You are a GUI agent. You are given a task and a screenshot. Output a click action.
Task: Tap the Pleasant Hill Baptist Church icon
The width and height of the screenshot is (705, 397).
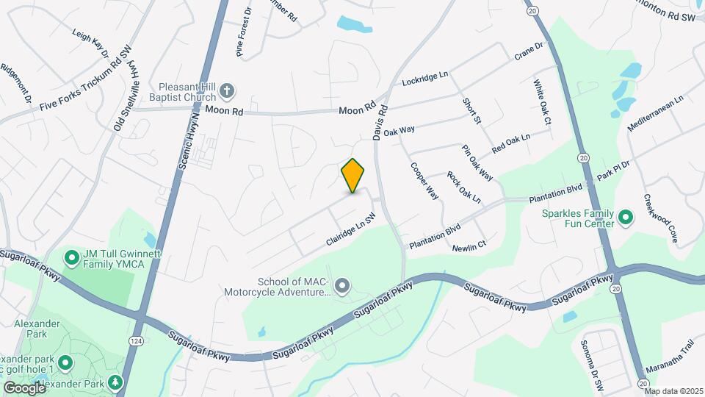click(x=228, y=91)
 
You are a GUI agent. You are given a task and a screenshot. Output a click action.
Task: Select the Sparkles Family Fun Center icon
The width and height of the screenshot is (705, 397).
click(x=626, y=217)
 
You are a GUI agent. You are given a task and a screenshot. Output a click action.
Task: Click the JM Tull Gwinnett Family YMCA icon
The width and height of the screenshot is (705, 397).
click(x=72, y=257)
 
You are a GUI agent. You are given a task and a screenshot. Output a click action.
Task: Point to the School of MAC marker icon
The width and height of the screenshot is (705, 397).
click(x=341, y=285)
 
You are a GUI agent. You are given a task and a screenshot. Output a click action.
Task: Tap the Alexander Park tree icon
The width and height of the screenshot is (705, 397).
click(x=115, y=383)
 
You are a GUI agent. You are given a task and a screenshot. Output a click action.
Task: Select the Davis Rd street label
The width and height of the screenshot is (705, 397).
click(x=380, y=126)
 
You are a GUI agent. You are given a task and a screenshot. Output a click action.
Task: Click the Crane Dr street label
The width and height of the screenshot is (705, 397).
click(x=528, y=51)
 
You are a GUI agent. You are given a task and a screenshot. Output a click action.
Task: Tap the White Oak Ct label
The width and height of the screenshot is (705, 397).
click(x=543, y=102)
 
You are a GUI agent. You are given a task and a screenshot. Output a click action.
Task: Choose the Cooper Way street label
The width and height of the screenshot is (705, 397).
click(x=424, y=181)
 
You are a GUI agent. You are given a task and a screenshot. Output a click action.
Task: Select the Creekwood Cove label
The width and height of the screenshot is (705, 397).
click(x=660, y=218)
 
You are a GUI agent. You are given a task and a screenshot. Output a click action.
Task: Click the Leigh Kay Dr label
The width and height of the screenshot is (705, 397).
click(x=90, y=43)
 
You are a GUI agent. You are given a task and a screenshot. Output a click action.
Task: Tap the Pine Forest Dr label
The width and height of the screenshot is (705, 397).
click(x=243, y=32)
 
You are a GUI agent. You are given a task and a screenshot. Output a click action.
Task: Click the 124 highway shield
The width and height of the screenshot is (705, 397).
click(x=136, y=341)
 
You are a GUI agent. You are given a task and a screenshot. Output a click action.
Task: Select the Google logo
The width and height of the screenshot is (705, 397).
click(x=25, y=387)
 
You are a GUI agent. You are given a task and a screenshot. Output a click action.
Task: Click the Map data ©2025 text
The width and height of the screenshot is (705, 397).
click(x=673, y=391)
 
